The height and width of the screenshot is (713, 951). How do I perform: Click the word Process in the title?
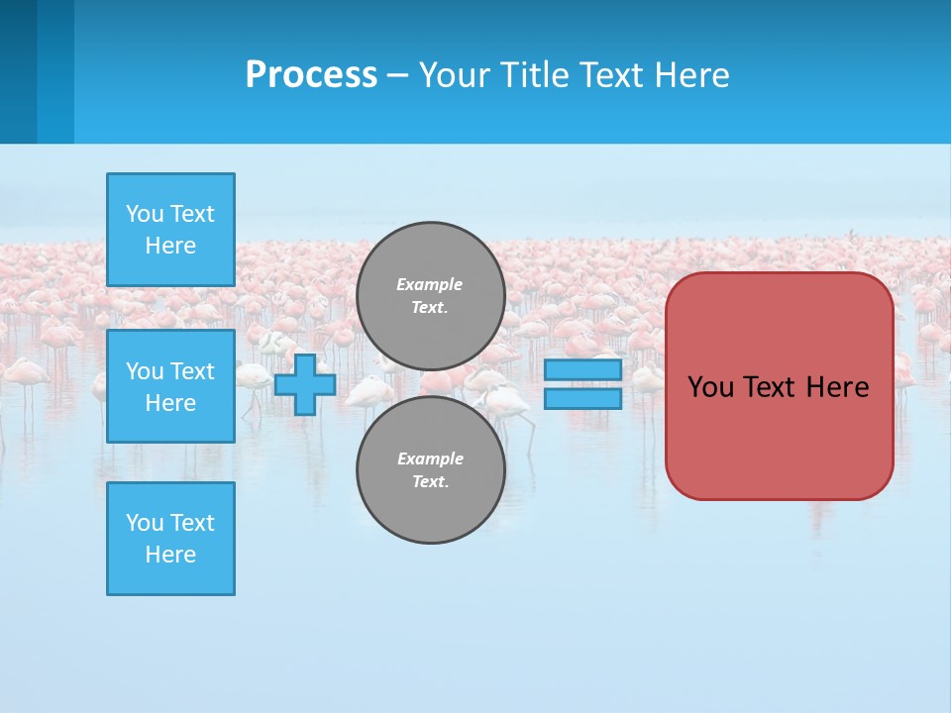click(311, 74)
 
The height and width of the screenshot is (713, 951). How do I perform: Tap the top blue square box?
click(170, 230)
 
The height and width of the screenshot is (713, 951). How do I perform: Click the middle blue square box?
click(170, 386)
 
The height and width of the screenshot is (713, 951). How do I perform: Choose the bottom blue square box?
click(170, 539)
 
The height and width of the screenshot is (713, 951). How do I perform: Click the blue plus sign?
click(305, 385)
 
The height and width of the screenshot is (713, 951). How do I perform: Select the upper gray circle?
click(431, 296)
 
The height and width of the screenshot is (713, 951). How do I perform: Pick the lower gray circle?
click(431, 469)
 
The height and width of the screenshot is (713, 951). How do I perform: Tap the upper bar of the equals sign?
click(583, 370)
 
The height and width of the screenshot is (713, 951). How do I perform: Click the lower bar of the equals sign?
click(583, 399)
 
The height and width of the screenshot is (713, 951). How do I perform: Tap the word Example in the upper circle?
click(429, 284)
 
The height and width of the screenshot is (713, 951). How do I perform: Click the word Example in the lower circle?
click(430, 458)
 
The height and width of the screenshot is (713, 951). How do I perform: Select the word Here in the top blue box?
click(170, 246)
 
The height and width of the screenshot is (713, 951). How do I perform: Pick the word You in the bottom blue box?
click(145, 523)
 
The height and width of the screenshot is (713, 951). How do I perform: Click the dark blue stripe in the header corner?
click(18, 71)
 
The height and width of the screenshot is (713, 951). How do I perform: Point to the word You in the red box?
click(710, 387)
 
